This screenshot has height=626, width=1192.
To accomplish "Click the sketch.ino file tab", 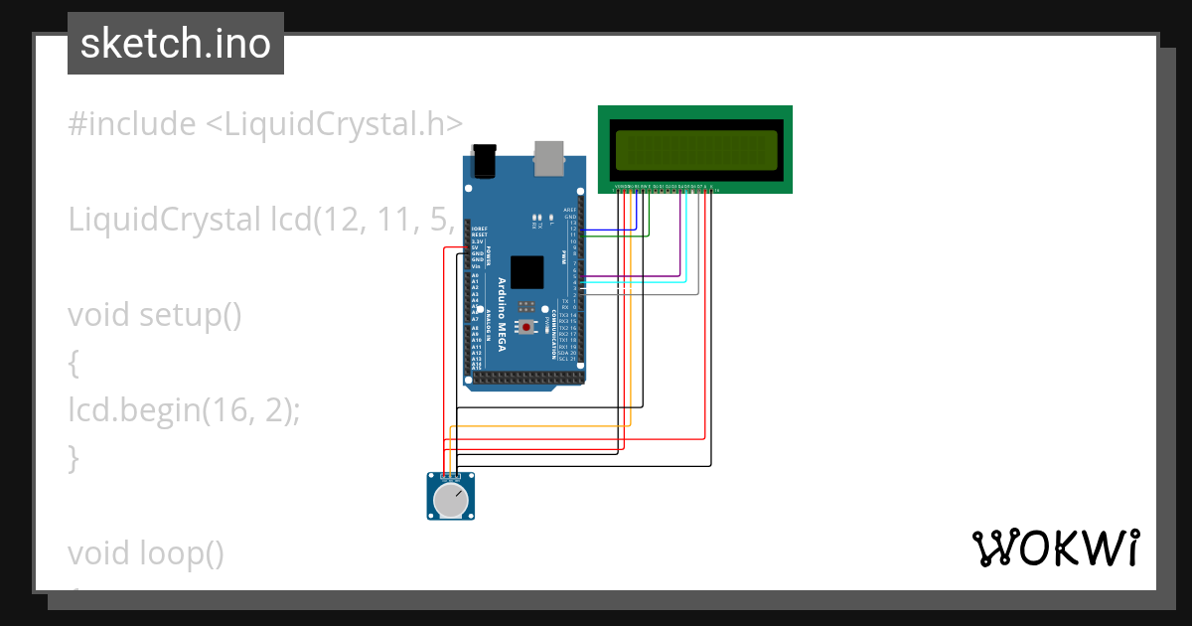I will coord(176,44).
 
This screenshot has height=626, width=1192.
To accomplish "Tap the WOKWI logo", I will coord(1054,548).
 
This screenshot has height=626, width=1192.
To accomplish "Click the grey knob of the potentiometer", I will coord(451,502).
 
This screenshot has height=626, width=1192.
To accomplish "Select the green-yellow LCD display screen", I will coord(694,149).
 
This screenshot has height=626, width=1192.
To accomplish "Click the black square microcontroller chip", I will coord(527,272).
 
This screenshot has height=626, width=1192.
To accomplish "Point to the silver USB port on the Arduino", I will coord(547,155).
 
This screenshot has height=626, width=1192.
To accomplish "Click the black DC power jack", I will coord(485,160).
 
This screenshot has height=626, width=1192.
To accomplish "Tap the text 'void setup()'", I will coord(155,315).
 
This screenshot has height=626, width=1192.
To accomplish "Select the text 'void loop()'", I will coord(146,552).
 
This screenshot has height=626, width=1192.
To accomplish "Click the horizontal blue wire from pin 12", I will coord(606,230).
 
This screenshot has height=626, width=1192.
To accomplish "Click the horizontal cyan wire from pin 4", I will coord(636,283).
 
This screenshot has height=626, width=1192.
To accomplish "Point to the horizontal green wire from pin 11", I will coord(616,236).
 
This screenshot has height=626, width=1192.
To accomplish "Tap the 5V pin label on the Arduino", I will coord(476,246).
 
